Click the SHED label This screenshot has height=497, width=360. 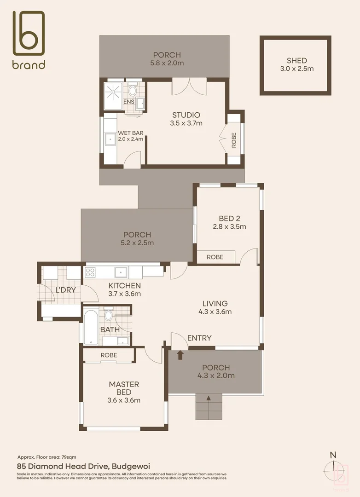[296, 60]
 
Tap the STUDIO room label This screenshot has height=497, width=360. [186, 115]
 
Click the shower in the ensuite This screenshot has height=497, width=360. [113, 95]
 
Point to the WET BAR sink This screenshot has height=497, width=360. [110, 139]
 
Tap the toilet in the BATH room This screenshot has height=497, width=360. [109, 315]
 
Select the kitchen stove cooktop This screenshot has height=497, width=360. [90, 272]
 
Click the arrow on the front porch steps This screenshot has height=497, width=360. [209, 399]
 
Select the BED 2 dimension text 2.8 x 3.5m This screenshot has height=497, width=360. [229, 226]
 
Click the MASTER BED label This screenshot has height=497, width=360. [124, 388]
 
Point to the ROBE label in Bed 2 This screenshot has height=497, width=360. [215, 257]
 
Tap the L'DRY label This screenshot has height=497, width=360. [65, 290]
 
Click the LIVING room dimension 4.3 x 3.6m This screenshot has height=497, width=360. [215, 312]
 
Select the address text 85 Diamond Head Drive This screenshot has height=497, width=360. [83, 466]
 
